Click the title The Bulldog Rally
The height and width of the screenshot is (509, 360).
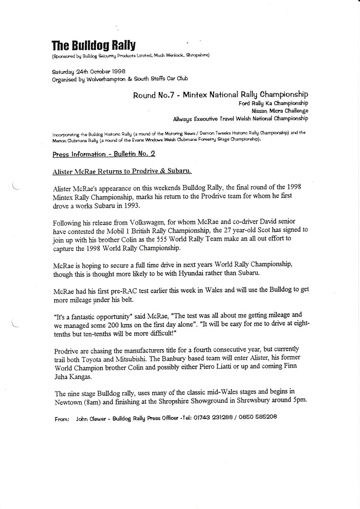point(94,46)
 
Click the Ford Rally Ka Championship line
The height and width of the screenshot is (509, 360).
point(273,103)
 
